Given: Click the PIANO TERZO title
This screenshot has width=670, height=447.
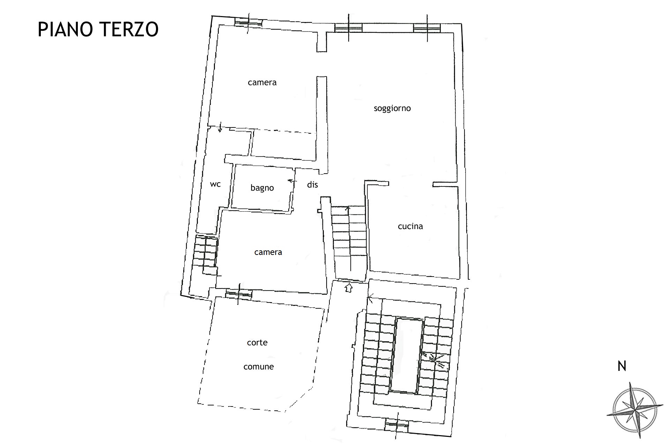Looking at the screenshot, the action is tap(98, 29).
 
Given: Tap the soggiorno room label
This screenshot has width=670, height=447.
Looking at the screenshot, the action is tap(392, 109).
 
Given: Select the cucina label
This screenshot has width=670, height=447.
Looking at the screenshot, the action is tap(410, 226).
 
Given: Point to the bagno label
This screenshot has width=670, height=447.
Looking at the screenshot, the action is tap(262, 188).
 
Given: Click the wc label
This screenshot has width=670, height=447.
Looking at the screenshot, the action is tap(215, 184).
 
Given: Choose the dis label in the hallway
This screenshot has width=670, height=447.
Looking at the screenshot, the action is tap(312, 184).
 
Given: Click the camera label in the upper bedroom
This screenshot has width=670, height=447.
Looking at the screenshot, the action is tap(262, 82).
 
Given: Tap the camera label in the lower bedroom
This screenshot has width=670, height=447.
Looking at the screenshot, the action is tap(268, 252).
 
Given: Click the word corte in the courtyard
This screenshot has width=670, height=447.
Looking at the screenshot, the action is tap(257, 343).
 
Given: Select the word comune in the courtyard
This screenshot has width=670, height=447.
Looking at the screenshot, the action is tap(259, 367).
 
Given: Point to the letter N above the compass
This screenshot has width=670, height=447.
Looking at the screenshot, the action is tap(622, 366).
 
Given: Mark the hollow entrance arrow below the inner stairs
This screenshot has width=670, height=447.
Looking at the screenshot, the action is tap(348, 288).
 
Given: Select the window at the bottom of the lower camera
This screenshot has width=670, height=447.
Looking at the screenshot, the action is tap(238, 294).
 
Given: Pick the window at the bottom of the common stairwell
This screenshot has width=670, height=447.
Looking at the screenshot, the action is tap(396, 426).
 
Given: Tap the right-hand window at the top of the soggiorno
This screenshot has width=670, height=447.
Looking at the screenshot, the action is tap(427, 28).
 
